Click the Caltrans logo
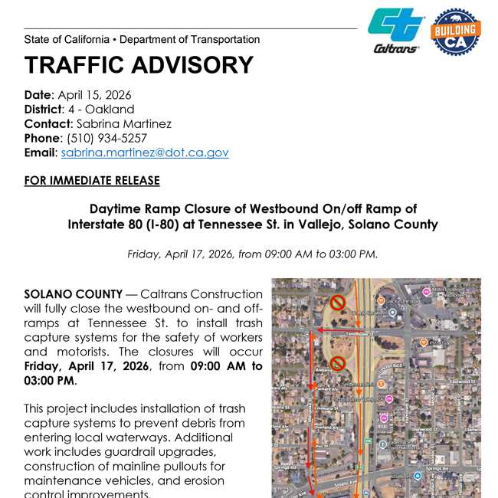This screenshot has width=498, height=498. (396, 31)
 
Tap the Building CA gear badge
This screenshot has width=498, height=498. (457, 31)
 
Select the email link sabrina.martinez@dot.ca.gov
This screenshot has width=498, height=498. (145, 152)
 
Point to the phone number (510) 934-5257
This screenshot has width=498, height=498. (106, 138)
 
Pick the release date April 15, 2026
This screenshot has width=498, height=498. (94, 95)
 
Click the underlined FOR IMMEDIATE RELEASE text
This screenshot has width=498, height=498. (92, 181)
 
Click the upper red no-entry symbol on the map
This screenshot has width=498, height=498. (336, 303)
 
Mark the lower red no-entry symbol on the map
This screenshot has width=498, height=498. (336, 362)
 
